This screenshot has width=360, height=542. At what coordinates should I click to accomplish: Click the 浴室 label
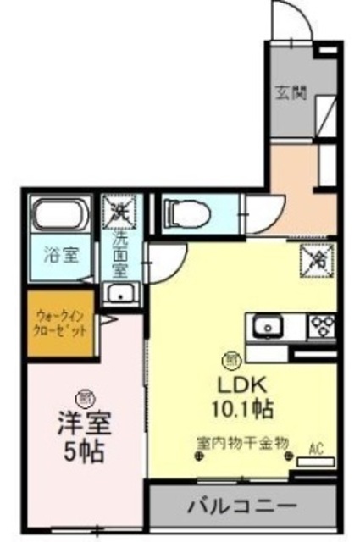tap(57, 252)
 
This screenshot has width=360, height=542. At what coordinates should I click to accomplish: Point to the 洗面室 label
tap(121, 253)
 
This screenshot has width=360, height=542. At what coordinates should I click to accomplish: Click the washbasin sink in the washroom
tap(121, 295)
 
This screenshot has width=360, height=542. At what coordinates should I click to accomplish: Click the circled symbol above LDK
tap(229, 357)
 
